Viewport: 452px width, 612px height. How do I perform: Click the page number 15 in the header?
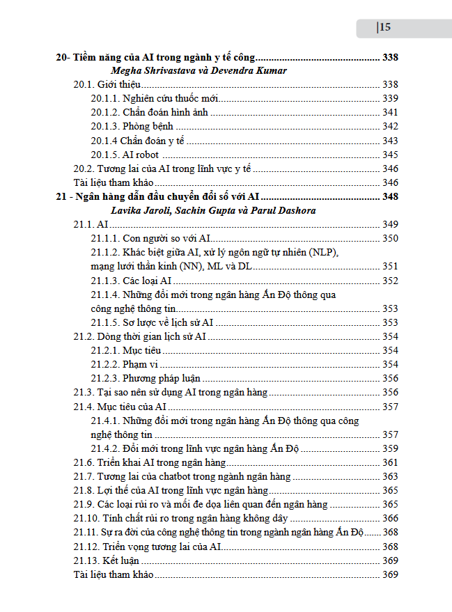tap(384, 28)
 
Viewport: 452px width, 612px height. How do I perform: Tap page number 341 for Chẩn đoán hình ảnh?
tap(390, 112)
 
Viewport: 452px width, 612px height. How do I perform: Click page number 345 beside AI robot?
tap(390, 155)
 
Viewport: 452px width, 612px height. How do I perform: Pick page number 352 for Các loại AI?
tap(390, 281)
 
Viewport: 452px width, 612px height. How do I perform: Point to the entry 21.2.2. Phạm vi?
tap(125, 364)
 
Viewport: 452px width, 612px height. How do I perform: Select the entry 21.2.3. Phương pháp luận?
tap(146, 378)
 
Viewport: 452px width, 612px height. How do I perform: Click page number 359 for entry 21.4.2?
tap(390, 448)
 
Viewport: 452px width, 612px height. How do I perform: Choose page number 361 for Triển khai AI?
tap(390, 462)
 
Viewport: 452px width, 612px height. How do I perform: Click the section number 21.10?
tap(86, 518)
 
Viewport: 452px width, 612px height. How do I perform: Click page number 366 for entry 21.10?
tap(390, 518)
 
